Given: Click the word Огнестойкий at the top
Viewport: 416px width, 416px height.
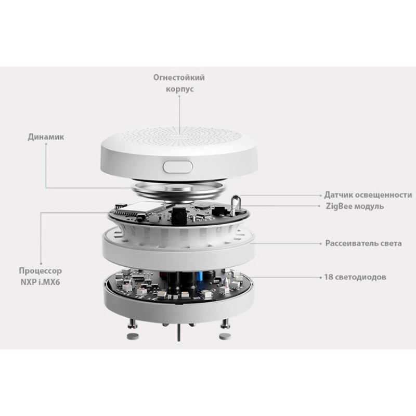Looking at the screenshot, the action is (x=179, y=77).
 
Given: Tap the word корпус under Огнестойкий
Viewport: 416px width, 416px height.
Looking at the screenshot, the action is (x=179, y=89).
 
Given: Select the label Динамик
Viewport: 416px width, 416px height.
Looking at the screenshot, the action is (x=46, y=137).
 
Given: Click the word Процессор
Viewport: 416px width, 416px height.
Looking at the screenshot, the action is (x=41, y=271).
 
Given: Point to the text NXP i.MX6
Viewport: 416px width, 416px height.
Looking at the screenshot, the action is (x=41, y=282).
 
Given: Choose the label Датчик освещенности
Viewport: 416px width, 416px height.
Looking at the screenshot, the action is (x=368, y=195).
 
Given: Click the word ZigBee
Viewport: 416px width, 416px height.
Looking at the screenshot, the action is (x=337, y=206).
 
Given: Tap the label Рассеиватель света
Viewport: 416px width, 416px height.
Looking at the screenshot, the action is (x=363, y=243).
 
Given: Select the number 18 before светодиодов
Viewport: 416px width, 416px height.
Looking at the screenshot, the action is (x=329, y=277).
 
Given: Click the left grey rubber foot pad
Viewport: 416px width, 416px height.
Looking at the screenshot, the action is (x=133, y=336).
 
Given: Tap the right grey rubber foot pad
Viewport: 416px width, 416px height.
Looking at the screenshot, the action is (x=225, y=336).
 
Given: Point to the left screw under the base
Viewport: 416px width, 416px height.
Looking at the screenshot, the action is (x=133, y=322).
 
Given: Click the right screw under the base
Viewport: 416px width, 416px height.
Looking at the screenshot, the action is (x=225, y=322).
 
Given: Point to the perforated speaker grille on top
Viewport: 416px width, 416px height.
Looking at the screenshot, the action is (x=179, y=136).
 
